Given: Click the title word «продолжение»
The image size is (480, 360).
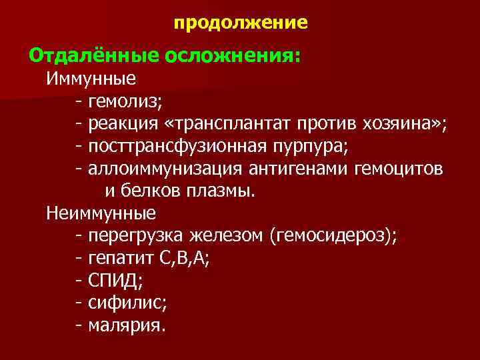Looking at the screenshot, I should tap(241, 24).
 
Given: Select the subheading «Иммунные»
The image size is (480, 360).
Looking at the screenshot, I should tap(91, 79).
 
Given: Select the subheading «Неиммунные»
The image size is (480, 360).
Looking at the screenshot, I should tap(101, 213).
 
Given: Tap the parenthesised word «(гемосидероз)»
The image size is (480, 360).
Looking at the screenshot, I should tap(331, 236).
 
